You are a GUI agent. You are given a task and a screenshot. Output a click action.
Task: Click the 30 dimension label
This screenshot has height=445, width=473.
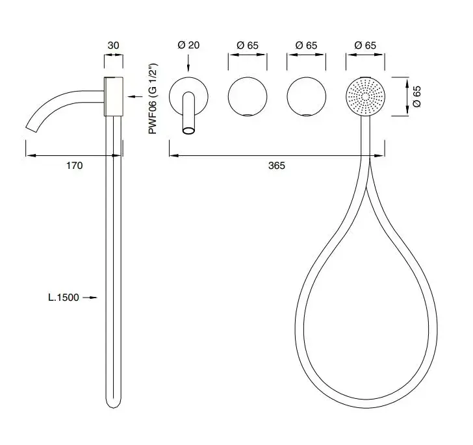(114, 45)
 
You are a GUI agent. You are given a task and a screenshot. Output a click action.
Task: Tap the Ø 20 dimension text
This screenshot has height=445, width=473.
(188, 45)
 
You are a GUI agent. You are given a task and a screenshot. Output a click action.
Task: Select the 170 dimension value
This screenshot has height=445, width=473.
(75, 165)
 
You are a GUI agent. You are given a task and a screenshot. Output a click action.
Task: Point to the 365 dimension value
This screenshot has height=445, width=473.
(277, 165)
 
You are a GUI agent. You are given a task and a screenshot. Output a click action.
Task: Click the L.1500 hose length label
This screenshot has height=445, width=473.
(64, 298)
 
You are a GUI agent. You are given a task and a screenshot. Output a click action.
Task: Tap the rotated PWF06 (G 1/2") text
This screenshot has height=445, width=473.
(153, 99)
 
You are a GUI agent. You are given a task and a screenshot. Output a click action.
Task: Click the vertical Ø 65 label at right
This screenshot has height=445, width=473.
(416, 97)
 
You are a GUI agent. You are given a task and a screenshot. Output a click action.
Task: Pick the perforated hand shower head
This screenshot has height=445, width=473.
(365, 97)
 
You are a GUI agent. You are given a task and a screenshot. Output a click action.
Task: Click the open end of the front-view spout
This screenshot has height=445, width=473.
(188, 131)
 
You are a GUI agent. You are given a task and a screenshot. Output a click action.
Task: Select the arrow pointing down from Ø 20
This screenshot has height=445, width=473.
(188, 64)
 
